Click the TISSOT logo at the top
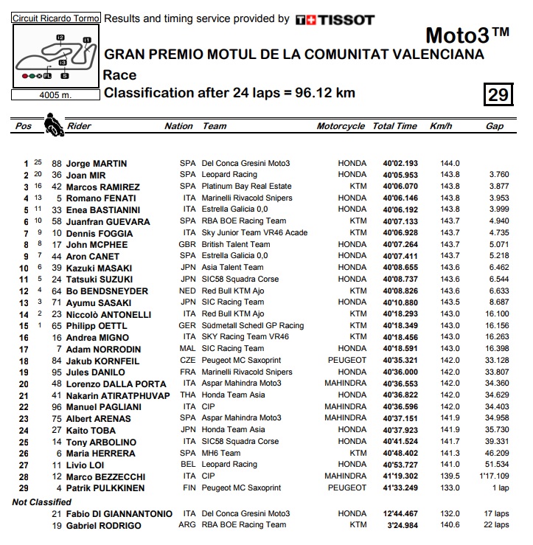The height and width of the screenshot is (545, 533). tap(335, 20)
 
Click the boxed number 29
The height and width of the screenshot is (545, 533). tap(498, 94)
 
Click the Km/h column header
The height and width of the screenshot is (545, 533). tap(440, 126)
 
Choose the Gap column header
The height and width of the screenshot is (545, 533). tap(494, 126)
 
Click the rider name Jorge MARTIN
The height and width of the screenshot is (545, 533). tap(97, 164)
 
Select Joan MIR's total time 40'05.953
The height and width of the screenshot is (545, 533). tap(400, 175)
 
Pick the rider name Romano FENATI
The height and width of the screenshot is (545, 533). tap(101, 198)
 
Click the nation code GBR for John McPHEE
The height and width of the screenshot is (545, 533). tap(188, 244)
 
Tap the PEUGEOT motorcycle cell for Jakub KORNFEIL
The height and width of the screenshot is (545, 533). tap(346, 361)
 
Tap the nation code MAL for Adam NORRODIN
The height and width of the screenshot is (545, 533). tap(188, 349)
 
